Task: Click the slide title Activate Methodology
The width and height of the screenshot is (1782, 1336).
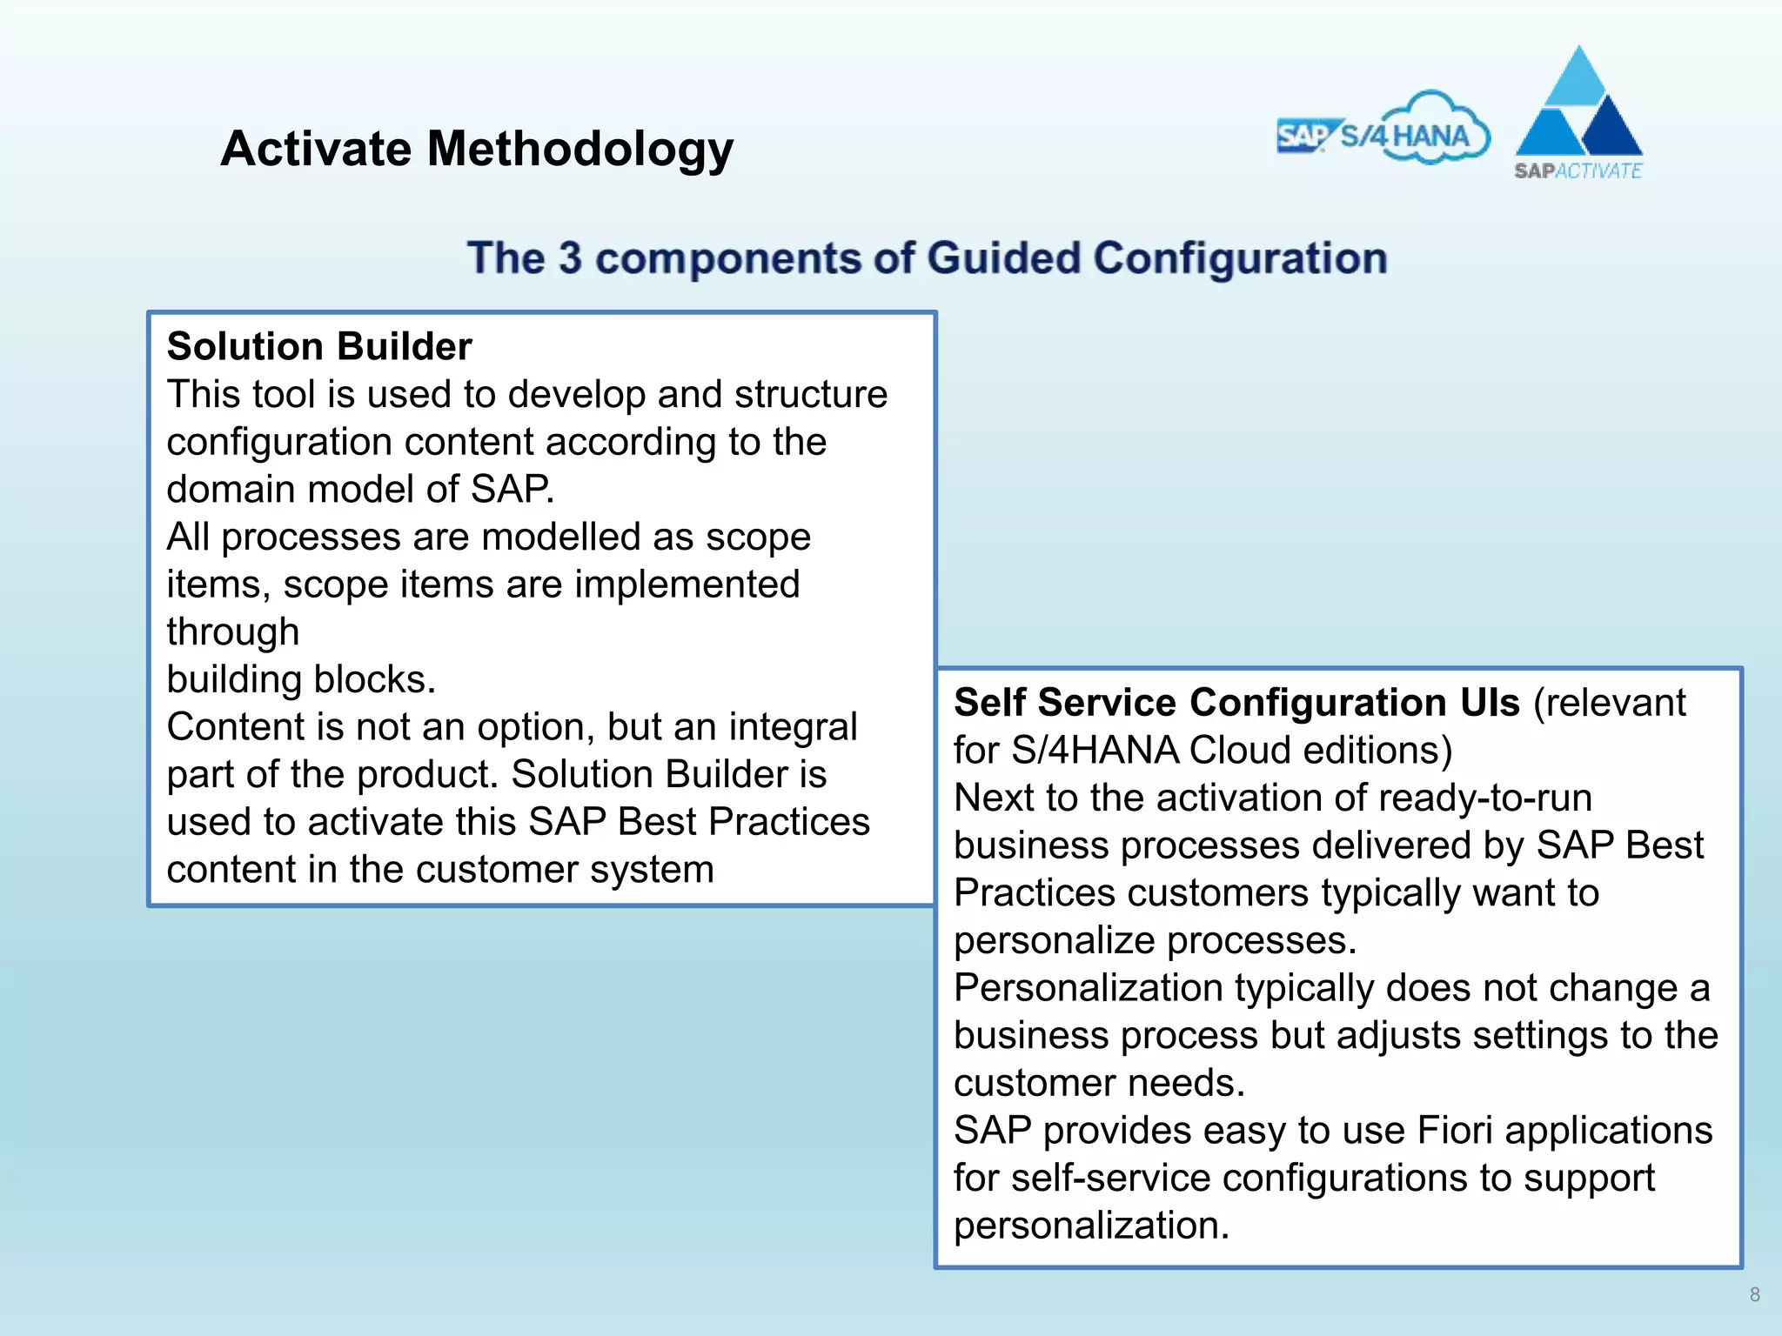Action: tap(477, 149)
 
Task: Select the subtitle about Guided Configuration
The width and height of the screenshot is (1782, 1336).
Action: tap(927, 258)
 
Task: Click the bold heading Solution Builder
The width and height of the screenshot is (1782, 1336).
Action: tap(319, 346)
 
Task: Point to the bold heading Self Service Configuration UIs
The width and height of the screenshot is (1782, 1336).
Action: tap(1236, 702)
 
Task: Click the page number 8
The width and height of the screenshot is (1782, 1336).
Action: tap(1754, 1294)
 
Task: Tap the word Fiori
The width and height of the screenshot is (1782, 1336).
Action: tap(1456, 1130)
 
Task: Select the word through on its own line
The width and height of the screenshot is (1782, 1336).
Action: tap(232, 631)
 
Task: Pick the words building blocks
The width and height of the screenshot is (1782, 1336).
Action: tap(300, 679)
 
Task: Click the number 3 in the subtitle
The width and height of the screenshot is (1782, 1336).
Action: tap(570, 258)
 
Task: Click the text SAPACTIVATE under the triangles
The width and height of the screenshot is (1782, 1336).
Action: tap(1578, 170)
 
